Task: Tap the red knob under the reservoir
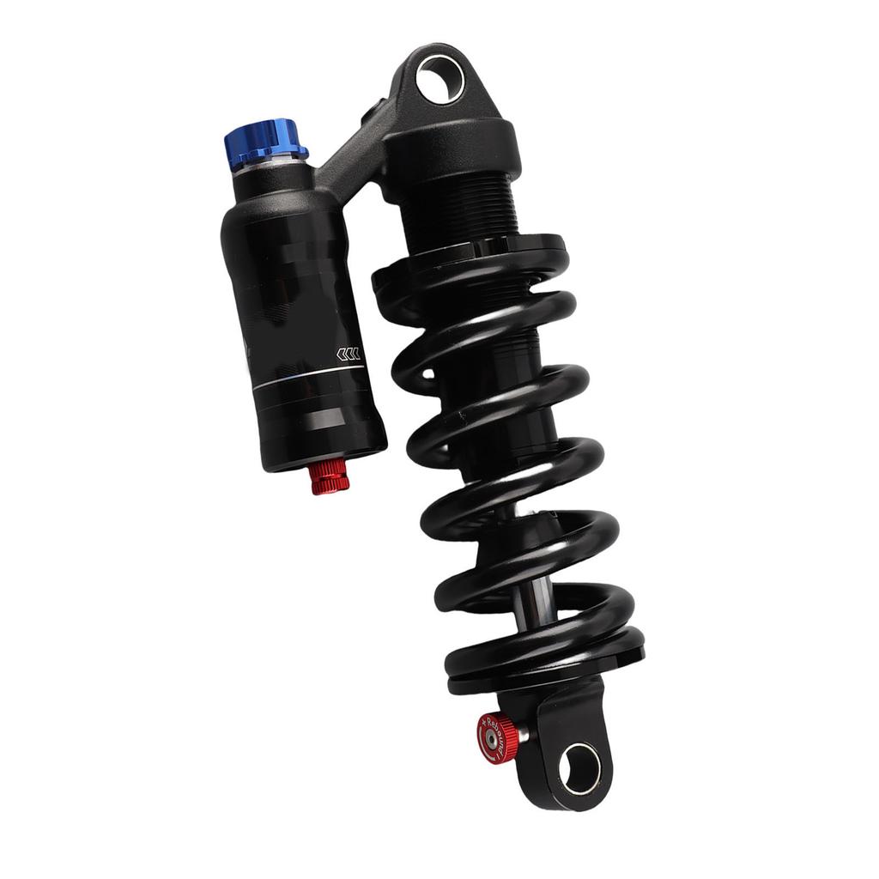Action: point(330,477)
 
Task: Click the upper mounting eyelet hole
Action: point(439,80)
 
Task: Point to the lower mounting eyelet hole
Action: point(579,767)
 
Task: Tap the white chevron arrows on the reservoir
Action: point(347,354)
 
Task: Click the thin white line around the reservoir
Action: point(309,375)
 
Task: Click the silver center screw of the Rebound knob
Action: point(489,738)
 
